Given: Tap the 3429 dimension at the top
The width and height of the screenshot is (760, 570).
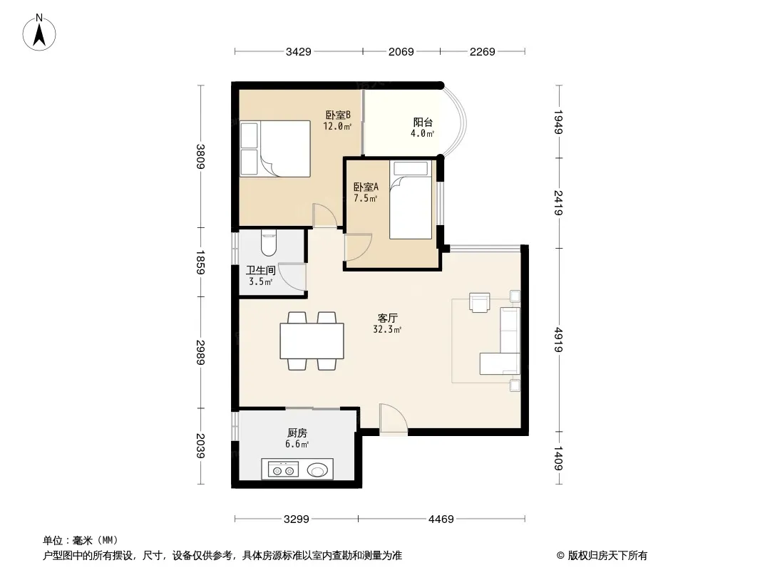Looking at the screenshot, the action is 299,51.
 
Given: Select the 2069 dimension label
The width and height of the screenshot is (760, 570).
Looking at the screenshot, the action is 401,51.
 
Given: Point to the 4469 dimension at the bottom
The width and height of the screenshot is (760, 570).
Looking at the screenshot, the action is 441,519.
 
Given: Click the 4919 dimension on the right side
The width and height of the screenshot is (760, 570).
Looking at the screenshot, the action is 558,339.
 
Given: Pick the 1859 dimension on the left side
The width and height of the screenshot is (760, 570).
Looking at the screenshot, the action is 200,262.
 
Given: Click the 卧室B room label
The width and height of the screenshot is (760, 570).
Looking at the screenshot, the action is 338,115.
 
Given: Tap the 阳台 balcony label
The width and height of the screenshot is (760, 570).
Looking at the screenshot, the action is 423,122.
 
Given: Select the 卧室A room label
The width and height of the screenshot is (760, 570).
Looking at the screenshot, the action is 366,187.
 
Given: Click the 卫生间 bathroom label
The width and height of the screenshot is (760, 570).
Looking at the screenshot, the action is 261,270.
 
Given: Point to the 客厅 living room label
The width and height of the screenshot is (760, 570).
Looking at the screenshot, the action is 388,318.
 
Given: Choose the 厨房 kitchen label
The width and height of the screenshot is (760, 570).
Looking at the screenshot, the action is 297,433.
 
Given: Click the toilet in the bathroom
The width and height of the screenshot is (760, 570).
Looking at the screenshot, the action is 269,243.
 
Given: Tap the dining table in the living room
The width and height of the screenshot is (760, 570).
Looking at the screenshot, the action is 312,341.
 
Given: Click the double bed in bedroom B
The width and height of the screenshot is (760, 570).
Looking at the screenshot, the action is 275,148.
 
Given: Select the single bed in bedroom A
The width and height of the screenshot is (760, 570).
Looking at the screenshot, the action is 411,199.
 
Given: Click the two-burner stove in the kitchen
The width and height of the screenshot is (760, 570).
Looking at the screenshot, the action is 284,470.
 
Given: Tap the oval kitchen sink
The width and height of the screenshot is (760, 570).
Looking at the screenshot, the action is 317,470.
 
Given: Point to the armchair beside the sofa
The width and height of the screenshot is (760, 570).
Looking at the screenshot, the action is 479,302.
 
